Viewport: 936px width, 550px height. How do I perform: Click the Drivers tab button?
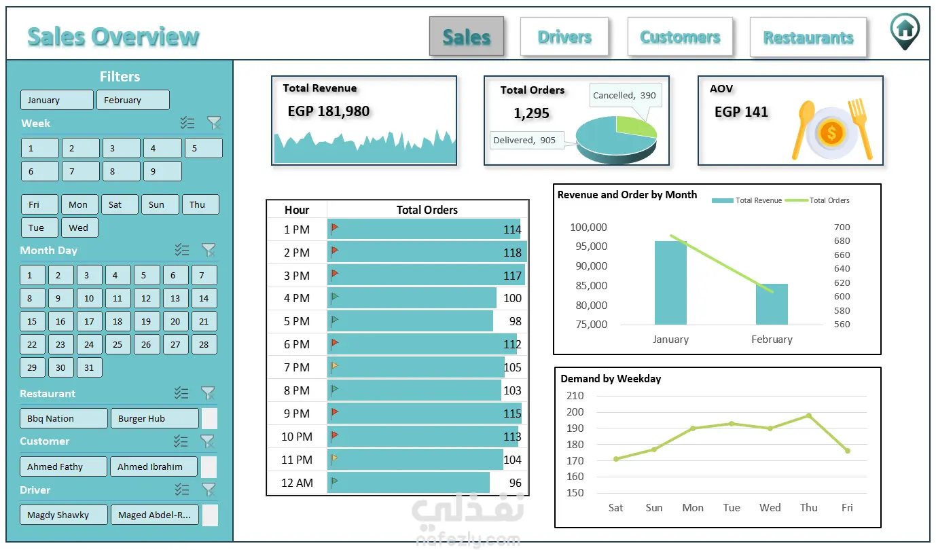[x=564, y=37]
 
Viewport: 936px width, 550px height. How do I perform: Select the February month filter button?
[x=133, y=100]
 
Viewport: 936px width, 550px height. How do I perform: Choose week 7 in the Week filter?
[x=81, y=171]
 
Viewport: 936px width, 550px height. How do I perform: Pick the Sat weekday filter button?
[x=120, y=204]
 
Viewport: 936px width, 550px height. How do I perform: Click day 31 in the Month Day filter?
[x=88, y=367]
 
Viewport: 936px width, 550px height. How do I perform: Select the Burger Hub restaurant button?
[x=155, y=418]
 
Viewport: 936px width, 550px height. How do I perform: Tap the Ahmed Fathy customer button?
[x=63, y=466]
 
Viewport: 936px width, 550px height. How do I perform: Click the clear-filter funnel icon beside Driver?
[x=208, y=490]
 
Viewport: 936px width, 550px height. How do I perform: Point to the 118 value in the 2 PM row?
[x=512, y=253]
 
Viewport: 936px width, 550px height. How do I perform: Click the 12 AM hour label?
[x=297, y=483]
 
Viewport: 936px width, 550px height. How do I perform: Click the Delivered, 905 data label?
[x=524, y=140]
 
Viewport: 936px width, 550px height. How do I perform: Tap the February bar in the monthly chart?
[x=772, y=304]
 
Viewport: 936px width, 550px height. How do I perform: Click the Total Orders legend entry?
[x=817, y=200]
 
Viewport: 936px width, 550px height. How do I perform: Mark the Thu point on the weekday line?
[x=809, y=416]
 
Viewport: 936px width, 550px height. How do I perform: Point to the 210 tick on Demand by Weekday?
[x=575, y=395]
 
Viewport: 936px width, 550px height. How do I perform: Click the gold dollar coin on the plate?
[x=831, y=133]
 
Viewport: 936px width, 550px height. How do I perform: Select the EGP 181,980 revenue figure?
[x=329, y=111]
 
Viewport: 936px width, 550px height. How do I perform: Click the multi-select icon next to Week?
[x=187, y=122]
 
